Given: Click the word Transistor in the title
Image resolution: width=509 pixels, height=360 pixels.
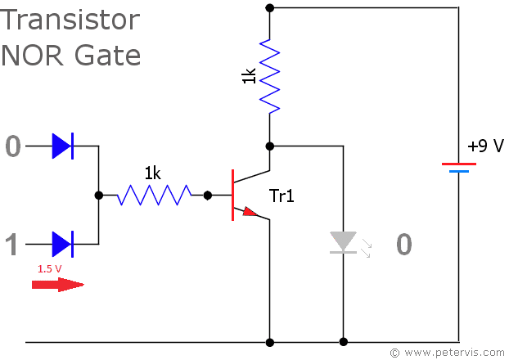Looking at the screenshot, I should tap(70, 20).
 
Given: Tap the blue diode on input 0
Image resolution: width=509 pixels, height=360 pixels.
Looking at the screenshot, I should tap(62, 146).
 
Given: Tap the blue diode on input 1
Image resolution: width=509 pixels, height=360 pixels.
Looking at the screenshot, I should tap(62, 244).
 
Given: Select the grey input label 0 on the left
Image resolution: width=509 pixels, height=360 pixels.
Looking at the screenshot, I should tap(12, 146).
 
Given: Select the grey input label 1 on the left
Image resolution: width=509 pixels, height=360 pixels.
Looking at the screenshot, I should tap(12, 245).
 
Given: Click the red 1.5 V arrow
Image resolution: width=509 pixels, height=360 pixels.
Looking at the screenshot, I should tap(57, 285).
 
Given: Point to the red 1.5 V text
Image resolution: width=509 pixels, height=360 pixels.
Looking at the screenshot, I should tap(50, 268).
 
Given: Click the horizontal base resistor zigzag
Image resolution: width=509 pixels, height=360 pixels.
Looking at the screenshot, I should tap(154, 196).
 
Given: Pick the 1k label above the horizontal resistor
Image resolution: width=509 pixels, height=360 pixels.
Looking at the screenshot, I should tap(153, 173).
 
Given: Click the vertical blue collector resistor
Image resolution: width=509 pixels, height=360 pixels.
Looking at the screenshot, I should tap(269, 74).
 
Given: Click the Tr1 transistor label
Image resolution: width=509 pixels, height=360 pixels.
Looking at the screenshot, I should tap(283, 196).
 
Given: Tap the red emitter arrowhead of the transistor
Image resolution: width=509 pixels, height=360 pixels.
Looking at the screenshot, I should tap(250, 212).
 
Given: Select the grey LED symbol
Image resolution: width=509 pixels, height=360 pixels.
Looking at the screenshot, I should tap(344, 242).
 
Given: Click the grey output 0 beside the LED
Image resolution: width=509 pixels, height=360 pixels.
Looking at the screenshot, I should tap(403, 244).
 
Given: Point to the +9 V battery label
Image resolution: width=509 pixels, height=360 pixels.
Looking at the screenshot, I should tap(485, 146).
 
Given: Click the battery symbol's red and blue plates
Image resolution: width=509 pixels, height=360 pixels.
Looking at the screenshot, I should tap(458, 167).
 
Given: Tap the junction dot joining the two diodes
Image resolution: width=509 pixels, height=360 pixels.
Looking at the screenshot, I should tap(99, 196).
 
